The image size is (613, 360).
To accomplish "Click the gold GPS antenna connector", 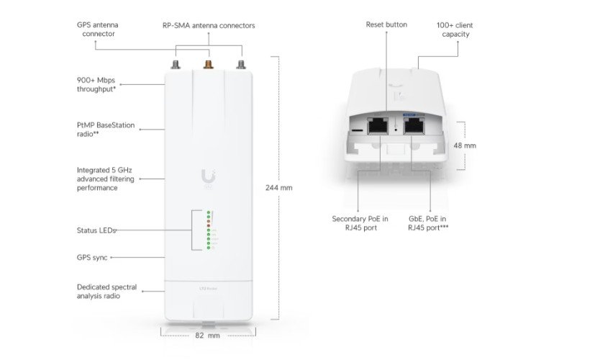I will tap(208, 66).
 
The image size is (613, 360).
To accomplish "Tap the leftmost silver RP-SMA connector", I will tap(174, 67).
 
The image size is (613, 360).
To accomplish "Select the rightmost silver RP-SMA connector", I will tap(241, 67).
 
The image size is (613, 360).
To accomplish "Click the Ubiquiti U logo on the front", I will tap(208, 176).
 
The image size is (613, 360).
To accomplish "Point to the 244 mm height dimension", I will tap(279, 187).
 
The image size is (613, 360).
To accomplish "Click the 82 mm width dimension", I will tap(208, 335).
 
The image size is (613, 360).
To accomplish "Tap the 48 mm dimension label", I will tap(464, 145).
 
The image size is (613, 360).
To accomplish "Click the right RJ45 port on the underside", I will tap(414, 127).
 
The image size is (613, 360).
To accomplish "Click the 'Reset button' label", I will tap(386, 24).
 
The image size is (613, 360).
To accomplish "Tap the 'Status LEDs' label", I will tap(96, 230).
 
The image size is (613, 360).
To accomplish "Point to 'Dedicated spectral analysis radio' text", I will tap(106, 291).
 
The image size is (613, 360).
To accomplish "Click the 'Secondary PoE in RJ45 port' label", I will tap(359, 223).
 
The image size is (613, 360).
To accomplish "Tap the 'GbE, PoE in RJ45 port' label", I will tap(430, 223).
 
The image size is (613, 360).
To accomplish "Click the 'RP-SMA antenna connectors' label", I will tap(209, 26).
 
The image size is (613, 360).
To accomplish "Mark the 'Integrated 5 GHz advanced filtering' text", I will tap(104, 179).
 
